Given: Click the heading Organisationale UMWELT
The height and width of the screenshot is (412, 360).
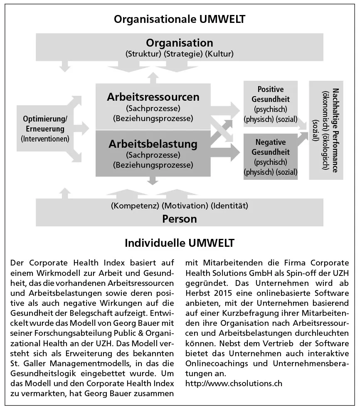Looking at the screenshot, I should tap(180, 19).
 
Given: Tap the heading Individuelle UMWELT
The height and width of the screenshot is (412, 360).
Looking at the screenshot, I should tap(180, 243).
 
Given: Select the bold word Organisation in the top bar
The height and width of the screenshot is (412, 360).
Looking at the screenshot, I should tap(179, 43).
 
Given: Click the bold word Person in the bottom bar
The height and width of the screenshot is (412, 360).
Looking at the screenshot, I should tap(180, 218).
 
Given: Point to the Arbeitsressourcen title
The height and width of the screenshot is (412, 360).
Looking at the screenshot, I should tap(153, 97).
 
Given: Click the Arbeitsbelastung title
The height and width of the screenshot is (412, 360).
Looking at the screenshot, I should tap(153, 144).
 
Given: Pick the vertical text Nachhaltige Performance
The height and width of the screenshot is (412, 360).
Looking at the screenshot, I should tap(335, 130).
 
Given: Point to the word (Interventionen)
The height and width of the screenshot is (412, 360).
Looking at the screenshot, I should tap(45, 138).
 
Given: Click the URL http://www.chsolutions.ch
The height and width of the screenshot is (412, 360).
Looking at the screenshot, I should tap(233, 382).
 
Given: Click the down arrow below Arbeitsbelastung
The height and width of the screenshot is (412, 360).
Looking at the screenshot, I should tap(153, 180).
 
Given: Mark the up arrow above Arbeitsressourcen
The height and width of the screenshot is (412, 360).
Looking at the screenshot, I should tap(153, 77).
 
